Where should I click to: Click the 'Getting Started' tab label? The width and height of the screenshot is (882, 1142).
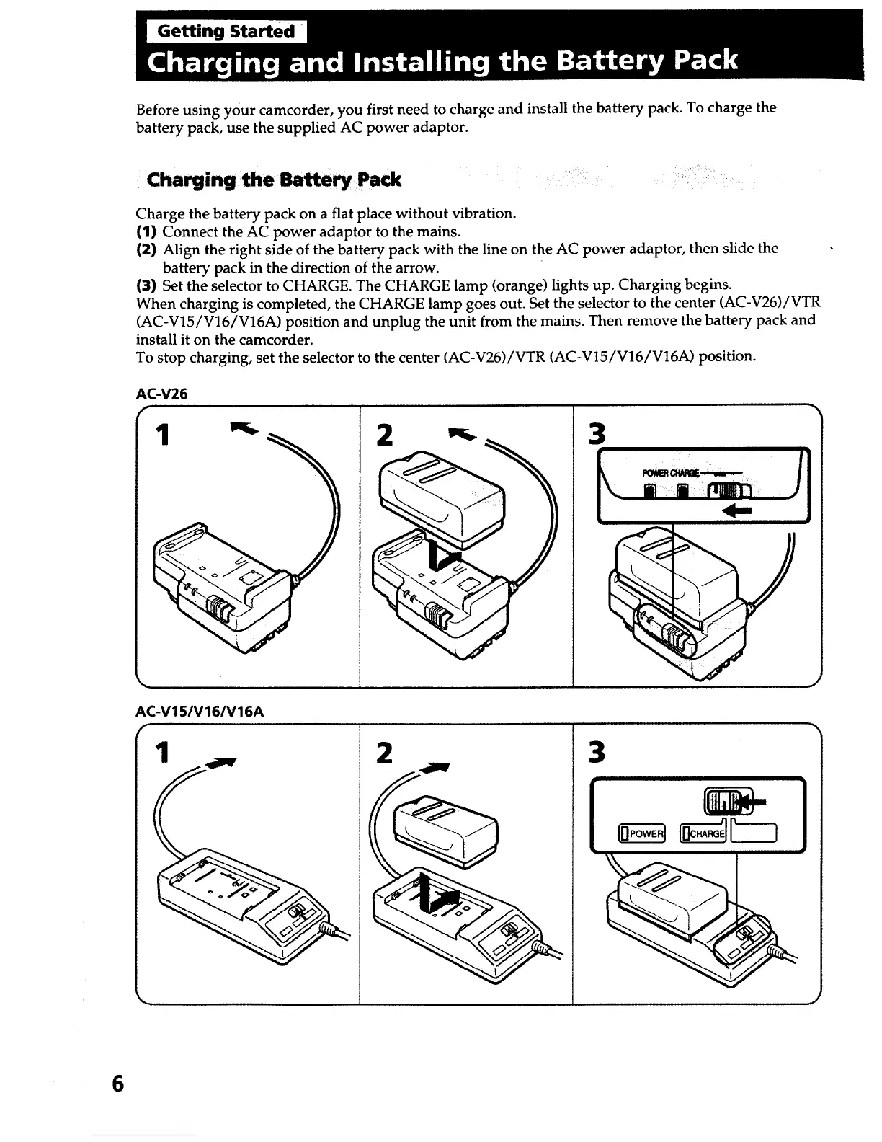[x=226, y=32]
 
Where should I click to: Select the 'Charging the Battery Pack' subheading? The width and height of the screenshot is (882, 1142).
[x=274, y=180]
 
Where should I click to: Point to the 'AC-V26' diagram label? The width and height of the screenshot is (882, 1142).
[x=161, y=394]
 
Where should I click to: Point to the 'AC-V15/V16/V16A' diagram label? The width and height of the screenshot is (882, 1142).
[x=200, y=712]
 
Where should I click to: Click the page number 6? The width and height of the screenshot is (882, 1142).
[x=117, y=1084]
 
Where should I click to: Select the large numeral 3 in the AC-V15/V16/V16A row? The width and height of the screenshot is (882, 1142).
[x=597, y=753]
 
